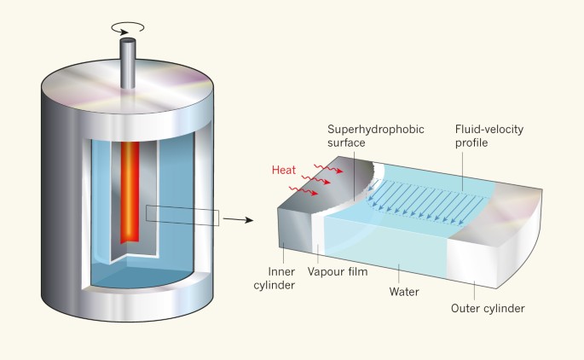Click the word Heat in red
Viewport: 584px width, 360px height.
(x=284, y=171)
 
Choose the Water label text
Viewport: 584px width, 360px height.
(x=404, y=290)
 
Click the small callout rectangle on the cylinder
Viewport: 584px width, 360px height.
(x=183, y=214)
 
